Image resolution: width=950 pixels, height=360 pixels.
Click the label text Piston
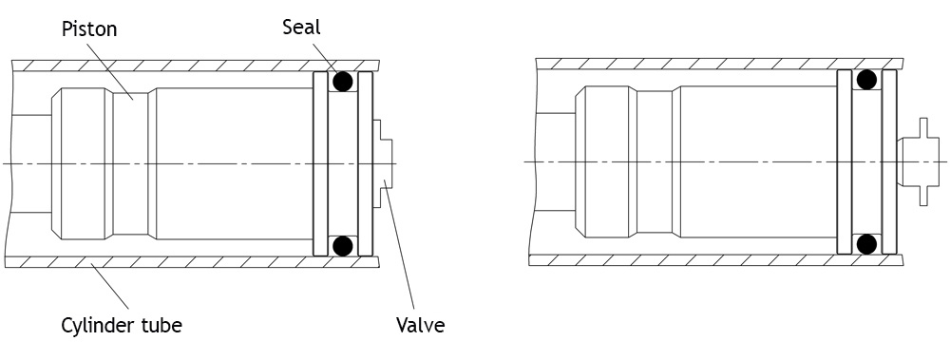[89, 28]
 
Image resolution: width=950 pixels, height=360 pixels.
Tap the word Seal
[301, 27]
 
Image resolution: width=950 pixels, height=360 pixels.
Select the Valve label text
[421, 325]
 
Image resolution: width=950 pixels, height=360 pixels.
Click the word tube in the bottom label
[161, 326]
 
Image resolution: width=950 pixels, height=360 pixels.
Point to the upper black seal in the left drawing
[343, 81]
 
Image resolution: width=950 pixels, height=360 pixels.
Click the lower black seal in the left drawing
[343, 245]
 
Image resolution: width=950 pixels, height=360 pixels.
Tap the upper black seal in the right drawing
[867, 80]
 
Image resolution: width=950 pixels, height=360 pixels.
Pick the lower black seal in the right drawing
[867, 243]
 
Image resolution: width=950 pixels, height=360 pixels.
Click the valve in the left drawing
[382, 163]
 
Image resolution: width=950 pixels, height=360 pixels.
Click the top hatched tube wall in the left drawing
[195, 66]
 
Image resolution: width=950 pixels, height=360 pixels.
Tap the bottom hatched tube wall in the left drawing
[192, 262]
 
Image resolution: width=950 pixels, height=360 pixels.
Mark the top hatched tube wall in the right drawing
[719, 64]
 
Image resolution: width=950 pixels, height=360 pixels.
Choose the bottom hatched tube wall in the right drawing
[716, 260]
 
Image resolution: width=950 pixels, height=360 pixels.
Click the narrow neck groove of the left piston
[131, 163]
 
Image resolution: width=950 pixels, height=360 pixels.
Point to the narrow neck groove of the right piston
[655, 161]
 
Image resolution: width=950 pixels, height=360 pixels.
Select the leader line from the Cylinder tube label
[109, 286]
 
